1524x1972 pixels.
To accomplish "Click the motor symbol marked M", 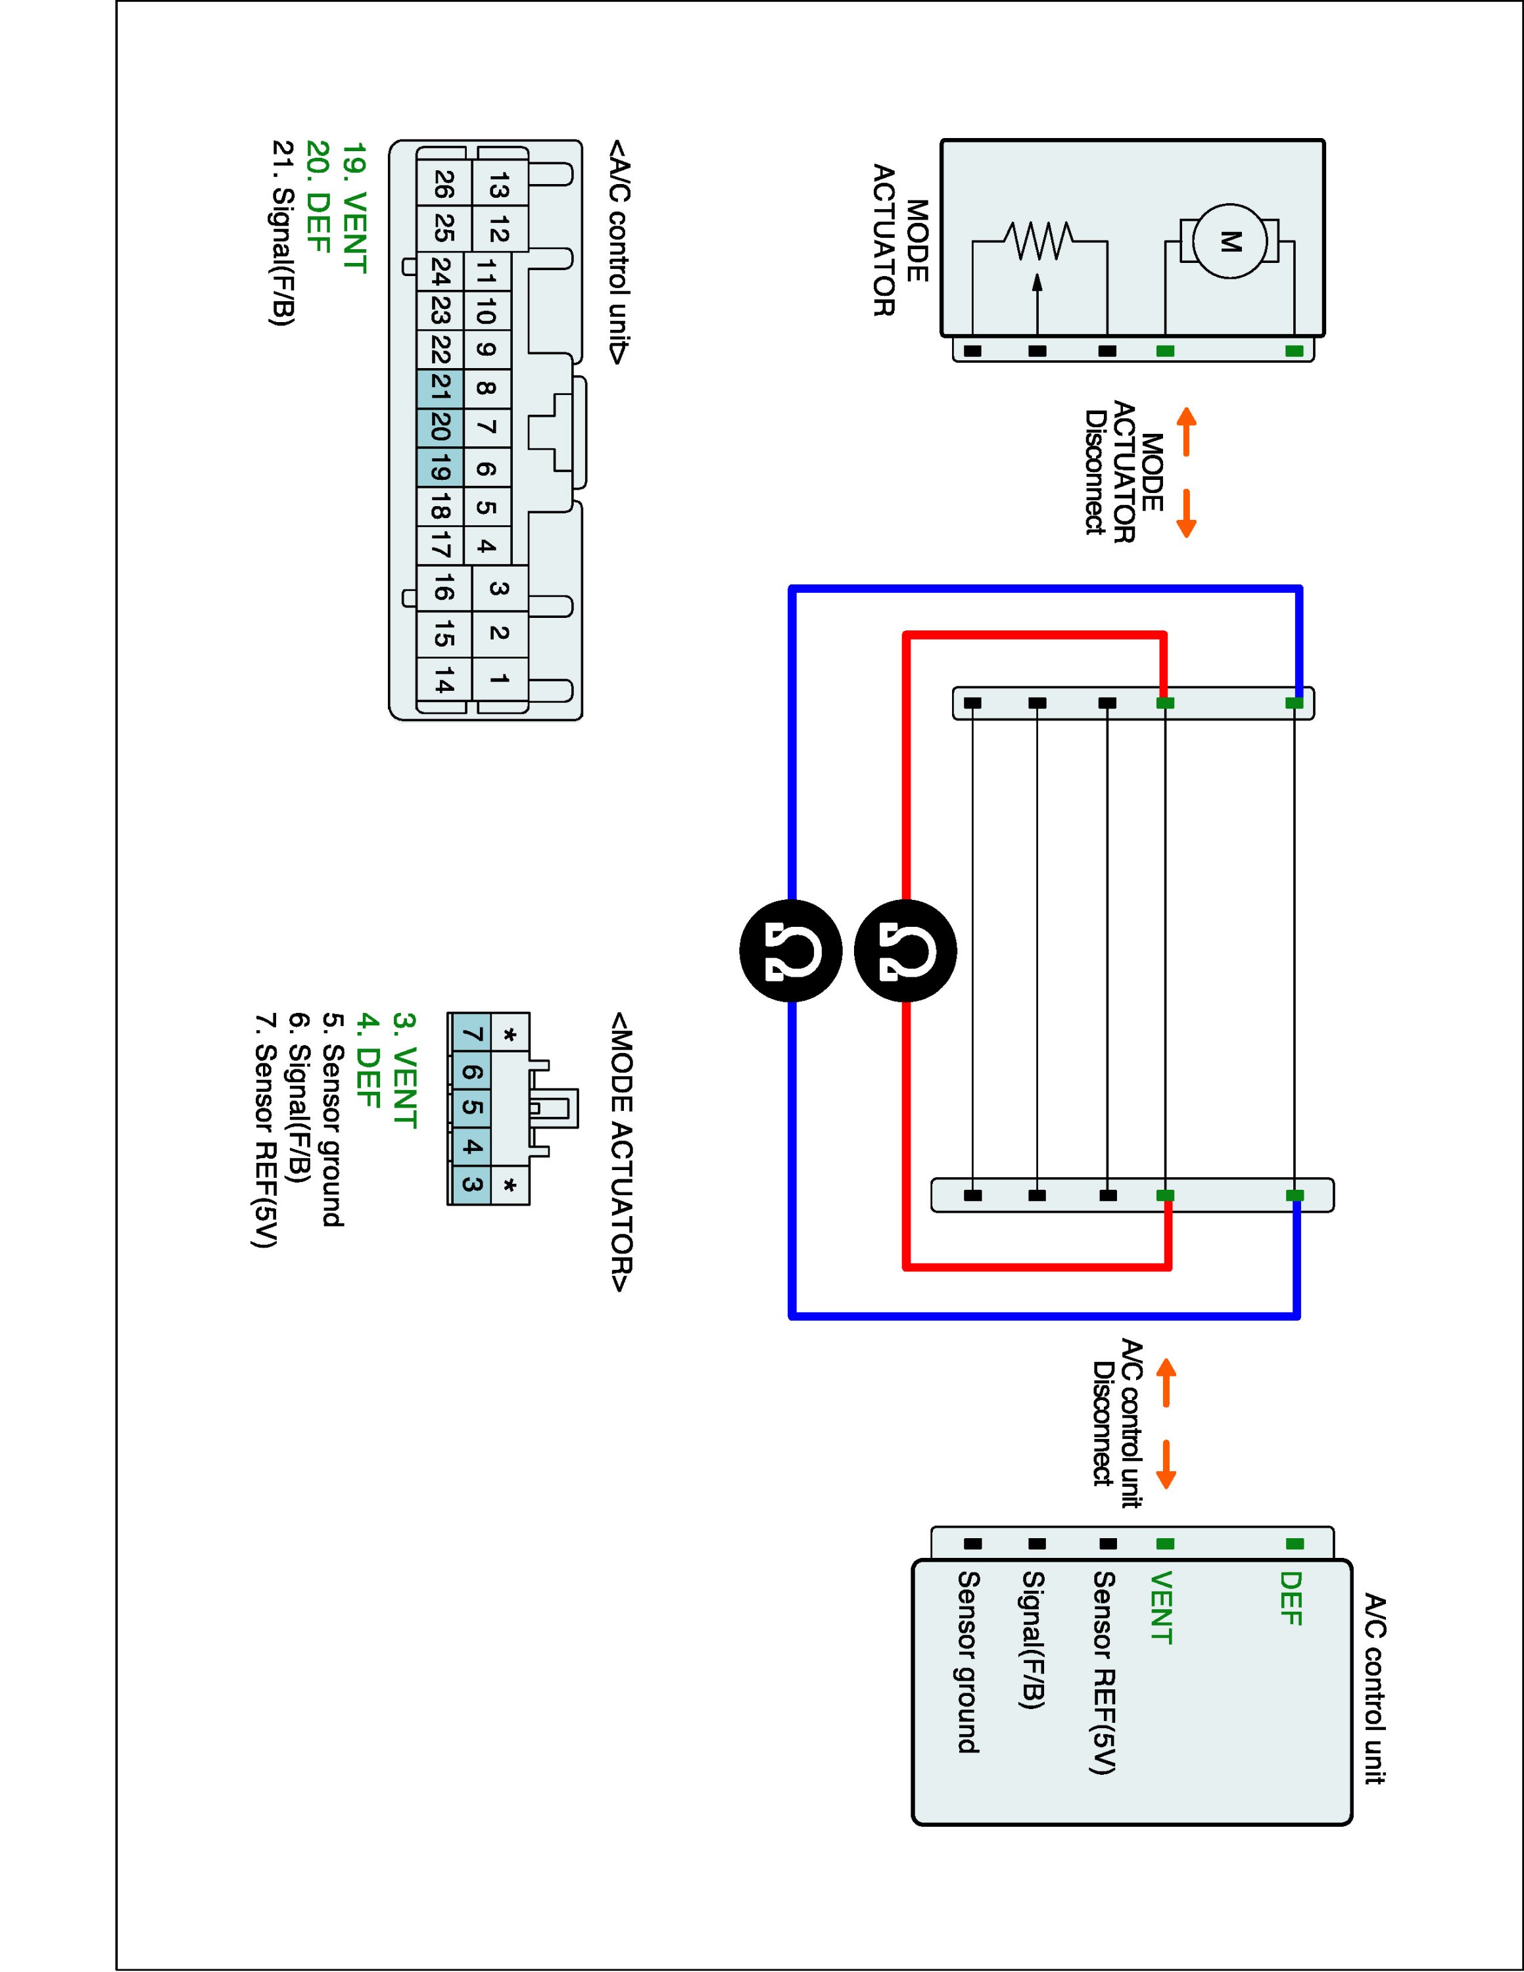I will (1229, 241).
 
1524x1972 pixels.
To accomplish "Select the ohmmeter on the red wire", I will (905, 951).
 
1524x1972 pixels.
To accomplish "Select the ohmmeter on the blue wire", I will (791, 951).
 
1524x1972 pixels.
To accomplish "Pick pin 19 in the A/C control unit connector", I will (441, 469).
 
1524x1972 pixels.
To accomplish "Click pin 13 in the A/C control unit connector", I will (498, 187).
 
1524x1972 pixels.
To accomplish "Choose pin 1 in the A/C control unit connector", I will (498, 678).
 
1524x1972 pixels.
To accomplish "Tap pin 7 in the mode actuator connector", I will (470, 1034).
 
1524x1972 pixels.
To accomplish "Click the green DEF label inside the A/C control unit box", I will (1291, 1598).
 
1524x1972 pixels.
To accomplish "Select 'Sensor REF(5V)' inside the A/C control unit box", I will (1104, 1672).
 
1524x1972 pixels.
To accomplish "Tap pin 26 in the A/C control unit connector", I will (443, 185).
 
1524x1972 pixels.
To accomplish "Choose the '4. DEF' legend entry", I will (367, 1060).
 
